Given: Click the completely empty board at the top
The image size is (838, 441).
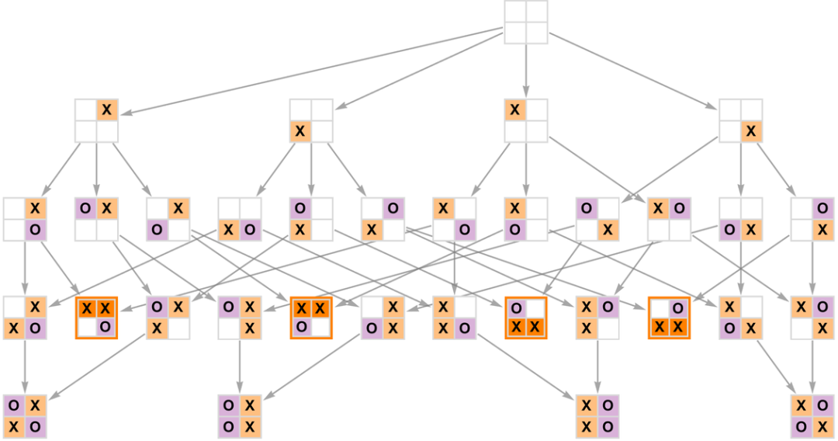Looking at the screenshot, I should (x=526, y=23).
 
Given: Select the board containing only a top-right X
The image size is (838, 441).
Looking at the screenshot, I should (x=97, y=120).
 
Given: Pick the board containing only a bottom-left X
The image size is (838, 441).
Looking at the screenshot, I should (x=311, y=120).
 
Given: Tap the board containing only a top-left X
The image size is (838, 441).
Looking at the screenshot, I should (x=526, y=120).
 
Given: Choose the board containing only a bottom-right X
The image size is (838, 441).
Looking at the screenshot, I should (x=740, y=120).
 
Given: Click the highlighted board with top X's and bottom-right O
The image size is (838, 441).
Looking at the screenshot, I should (x=96, y=318).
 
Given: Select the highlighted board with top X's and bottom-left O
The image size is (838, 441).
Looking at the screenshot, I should (x=311, y=318).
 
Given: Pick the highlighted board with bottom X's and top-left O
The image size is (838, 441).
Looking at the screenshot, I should (x=525, y=318).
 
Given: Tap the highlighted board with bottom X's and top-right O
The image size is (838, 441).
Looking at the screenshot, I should (x=669, y=318).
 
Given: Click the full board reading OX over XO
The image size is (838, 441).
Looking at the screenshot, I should (x=25, y=416).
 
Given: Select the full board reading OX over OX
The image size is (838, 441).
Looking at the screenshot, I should (x=240, y=416).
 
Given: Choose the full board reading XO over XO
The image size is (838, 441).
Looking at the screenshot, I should (x=597, y=416).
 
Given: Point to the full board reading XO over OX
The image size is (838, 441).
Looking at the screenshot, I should (x=812, y=416).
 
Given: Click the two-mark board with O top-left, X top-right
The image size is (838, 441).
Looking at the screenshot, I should (x=97, y=219).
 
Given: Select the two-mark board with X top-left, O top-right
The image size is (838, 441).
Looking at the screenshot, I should (x=669, y=219).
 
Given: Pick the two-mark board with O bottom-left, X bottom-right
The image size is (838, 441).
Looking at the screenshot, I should (x=740, y=219).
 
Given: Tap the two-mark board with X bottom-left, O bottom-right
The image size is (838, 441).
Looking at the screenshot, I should (x=240, y=219).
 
